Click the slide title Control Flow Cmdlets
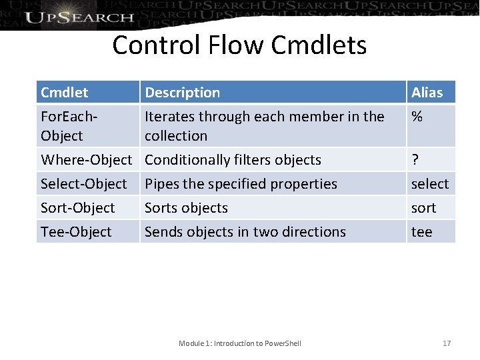[x=239, y=45]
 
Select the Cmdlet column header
[x=64, y=92]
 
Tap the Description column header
[x=183, y=92]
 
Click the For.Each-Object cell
[x=70, y=125]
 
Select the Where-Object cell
[x=87, y=159]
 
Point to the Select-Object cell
[x=84, y=183]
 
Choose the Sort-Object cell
[x=78, y=207]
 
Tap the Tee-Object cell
[x=76, y=231]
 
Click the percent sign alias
[x=417, y=117]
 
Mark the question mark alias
[x=415, y=159]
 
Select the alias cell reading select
[x=430, y=183]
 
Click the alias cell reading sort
[x=424, y=207]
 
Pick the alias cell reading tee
[x=422, y=231]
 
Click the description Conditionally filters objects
[x=233, y=159]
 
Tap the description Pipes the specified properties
[x=241, y=183]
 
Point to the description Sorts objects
[x=187, y=207]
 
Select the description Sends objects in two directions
[x=245, y=231]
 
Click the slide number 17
[x=447, y=343]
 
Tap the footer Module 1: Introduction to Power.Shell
[x=240, y=343]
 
